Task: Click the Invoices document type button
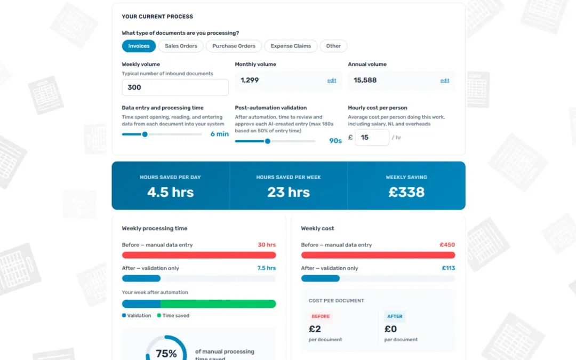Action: coord(139,46)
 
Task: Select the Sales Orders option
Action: coord(181,46)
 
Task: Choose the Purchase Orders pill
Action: coord(234,46)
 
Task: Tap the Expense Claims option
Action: coord(291,46)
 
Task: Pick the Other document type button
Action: coord(333,46)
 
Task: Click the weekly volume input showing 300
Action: coord(175,87)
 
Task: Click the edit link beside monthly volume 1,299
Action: coord(332,81)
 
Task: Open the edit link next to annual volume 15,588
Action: coord(445,81)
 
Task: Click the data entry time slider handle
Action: coord(145,134)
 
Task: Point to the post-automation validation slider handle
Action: coord(267,141)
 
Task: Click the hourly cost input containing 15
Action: coord(372,138)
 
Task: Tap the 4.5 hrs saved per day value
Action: coord(171,192)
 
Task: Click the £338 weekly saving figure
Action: coord(406,192)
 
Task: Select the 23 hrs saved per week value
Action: coord(289,192)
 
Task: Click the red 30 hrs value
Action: coord(267,245)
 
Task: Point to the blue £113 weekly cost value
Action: coord(448,268)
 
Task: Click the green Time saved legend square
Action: coord(159,315)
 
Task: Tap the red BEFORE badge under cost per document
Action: coord(321,316)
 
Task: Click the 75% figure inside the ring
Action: coord(166,354)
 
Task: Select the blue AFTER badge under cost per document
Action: coord(395,316)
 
